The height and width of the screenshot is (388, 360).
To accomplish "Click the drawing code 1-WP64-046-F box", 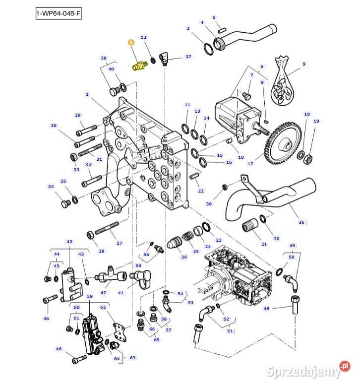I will [58, 13].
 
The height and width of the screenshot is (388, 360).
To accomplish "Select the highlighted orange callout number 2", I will [131, 43].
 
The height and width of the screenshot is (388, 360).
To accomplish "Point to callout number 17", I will [250, 164].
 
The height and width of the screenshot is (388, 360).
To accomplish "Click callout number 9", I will [304, 64].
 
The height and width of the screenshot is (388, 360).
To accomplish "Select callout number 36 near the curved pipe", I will [301, 222].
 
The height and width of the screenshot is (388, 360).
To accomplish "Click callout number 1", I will [87, 94].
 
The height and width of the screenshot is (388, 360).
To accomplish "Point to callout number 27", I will [119, 243].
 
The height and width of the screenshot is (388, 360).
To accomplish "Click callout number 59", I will [90, 296].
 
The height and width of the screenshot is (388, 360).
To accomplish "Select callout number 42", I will [69, 242].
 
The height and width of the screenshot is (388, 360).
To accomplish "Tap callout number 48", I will [266, 309].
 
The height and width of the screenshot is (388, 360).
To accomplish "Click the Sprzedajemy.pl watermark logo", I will [312, 370].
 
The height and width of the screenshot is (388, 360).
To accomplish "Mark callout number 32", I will [88, 164].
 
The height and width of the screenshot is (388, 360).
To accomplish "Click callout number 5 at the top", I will [214, 17].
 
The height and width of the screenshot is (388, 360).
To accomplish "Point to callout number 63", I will [132, 357].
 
